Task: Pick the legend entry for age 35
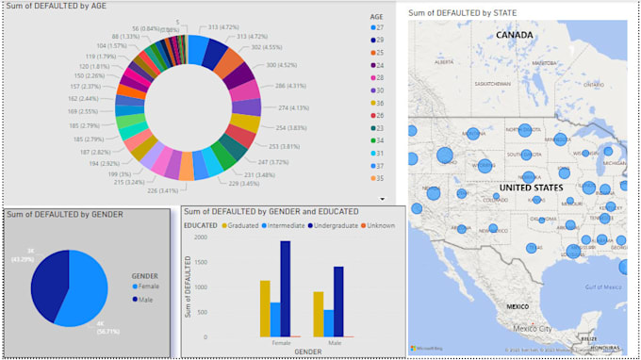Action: [x=381, y=176]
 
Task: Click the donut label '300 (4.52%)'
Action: [x=283, y=65]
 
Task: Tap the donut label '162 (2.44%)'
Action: [x=87, y=98]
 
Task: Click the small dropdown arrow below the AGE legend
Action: [x=382, y=199]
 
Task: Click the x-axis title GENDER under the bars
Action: [x=299, y=351]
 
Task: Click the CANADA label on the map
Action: [x=515, y=35]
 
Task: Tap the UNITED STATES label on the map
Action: [x=531, y=188]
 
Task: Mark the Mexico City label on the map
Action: [x=538, y=329]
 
